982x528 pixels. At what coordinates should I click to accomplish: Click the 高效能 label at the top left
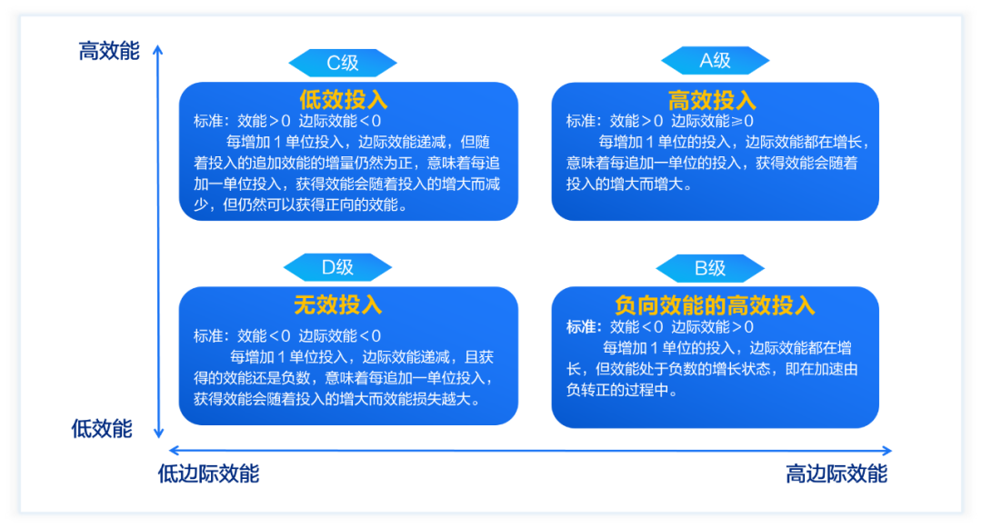109,52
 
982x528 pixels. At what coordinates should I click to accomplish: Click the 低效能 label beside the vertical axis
102,429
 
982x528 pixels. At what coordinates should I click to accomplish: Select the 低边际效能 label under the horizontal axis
208,474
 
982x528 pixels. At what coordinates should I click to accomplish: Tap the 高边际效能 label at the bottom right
836,474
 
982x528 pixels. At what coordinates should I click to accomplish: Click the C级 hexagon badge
343,63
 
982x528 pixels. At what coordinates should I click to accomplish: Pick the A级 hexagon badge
715,61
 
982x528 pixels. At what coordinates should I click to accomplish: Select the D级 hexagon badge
337,267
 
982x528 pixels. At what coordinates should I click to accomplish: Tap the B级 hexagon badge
710,267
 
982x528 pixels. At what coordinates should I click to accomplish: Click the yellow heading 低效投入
344,99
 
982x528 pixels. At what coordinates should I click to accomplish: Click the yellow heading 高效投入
712,100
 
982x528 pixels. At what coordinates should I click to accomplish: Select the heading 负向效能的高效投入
715,304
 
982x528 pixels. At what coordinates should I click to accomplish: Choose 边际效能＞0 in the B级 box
713,327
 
